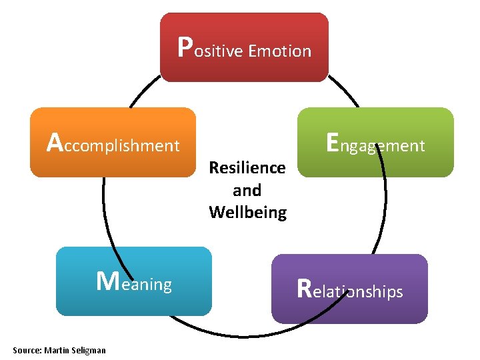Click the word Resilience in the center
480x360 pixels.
tap(247, 167)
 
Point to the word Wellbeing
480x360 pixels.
tap(247, 213)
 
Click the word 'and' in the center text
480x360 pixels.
tap(247, 190)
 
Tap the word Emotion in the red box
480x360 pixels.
tap(279, 51)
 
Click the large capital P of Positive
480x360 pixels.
tap(186, 47)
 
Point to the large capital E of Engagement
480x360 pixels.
tap(334, 141)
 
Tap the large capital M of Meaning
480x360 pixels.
tap(108, 281)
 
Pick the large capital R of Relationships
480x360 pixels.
tap(304, 288)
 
